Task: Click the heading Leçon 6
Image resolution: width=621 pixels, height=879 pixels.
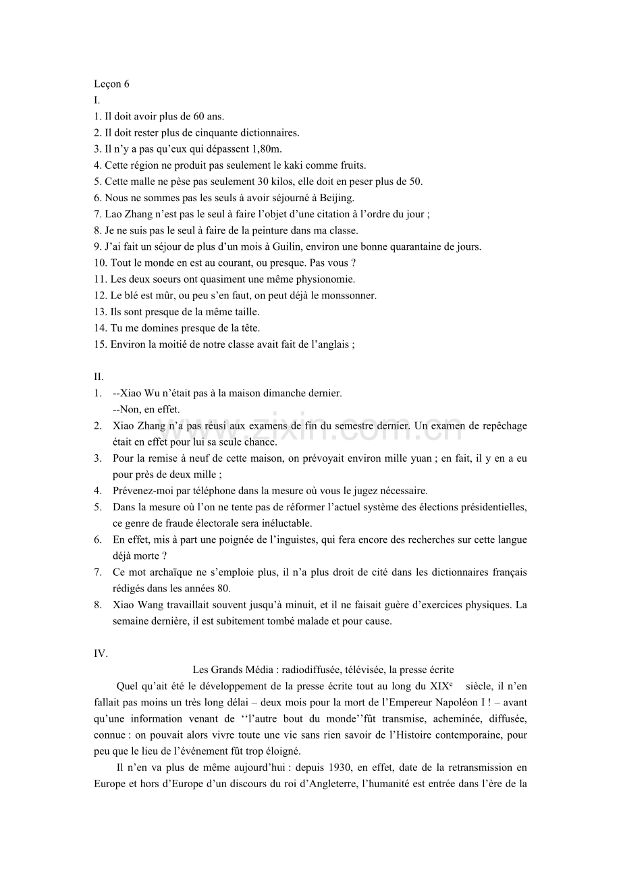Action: tap(111, 84)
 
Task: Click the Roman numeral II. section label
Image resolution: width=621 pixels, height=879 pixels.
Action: tap(99, 377)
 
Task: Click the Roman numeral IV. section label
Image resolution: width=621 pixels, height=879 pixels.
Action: tap(101, 654)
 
